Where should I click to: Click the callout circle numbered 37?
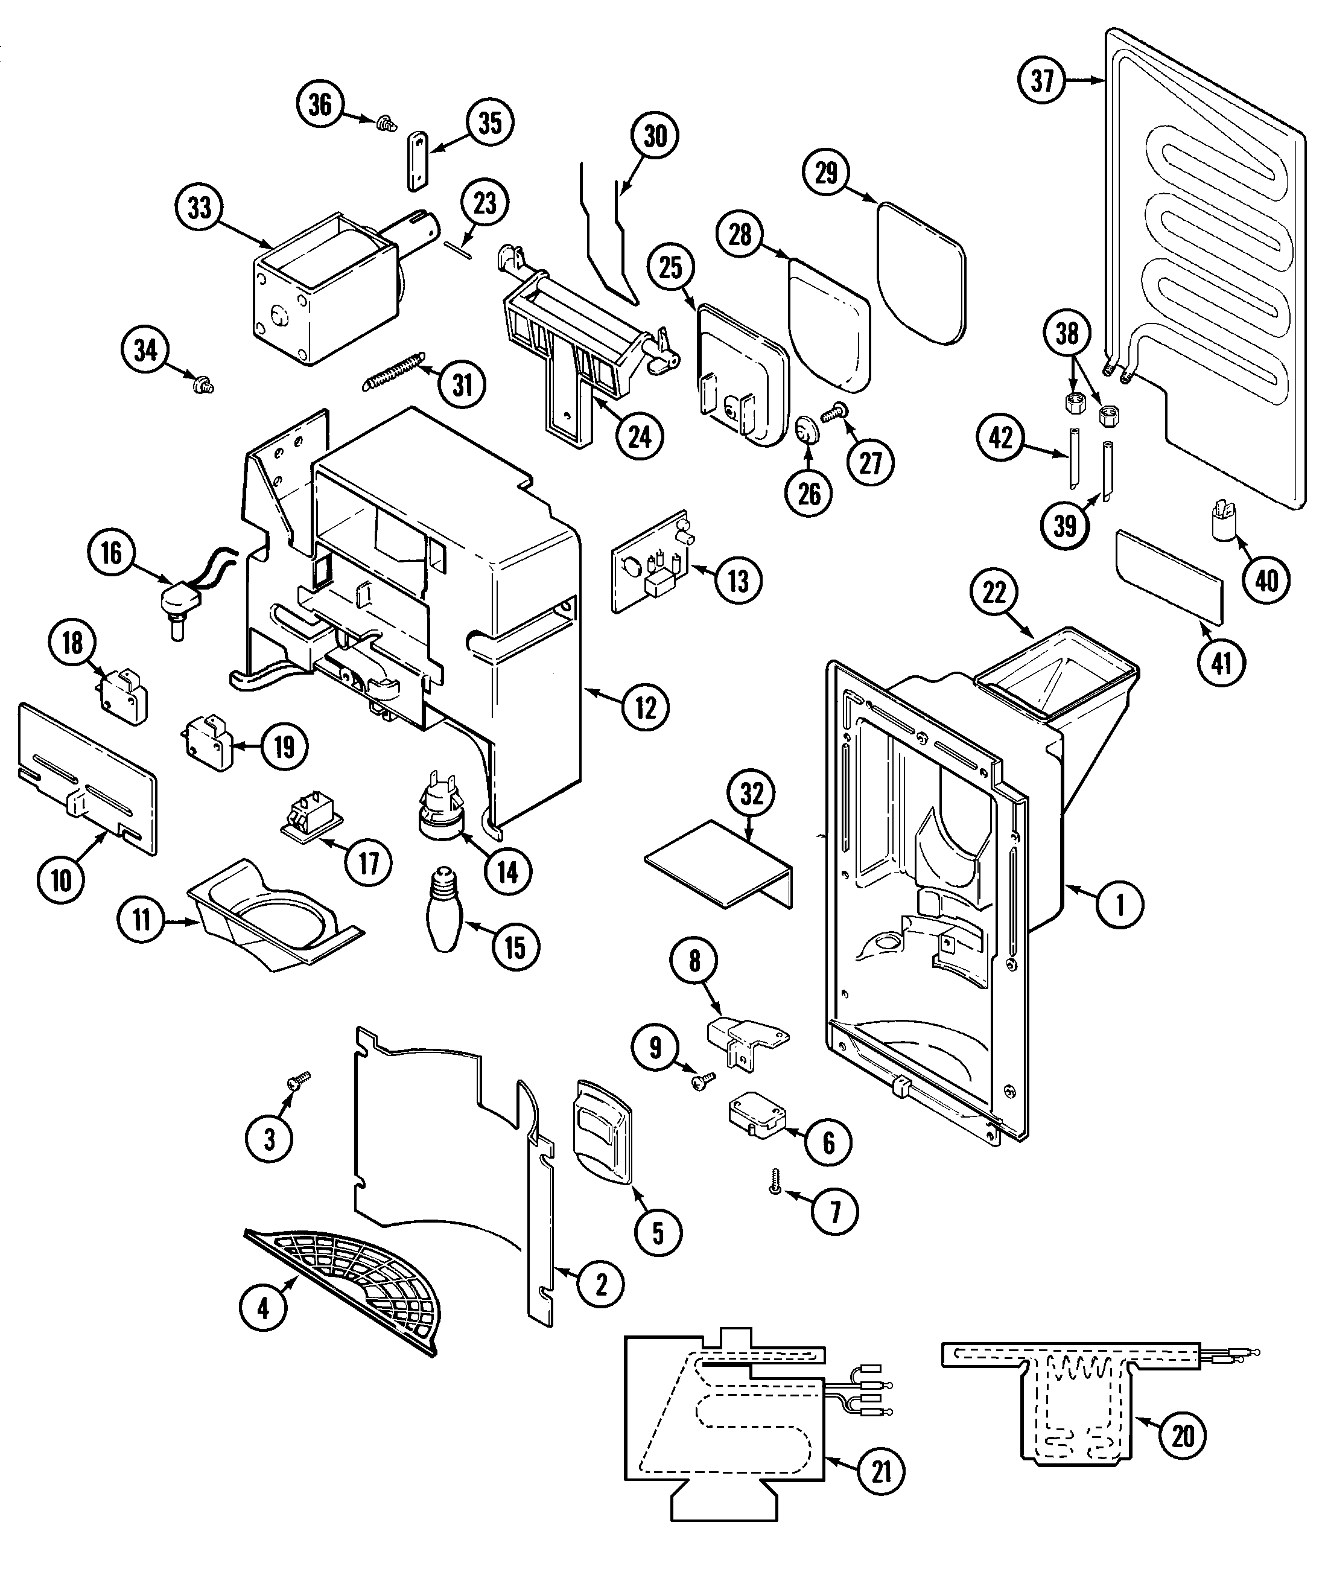click(1043, 80)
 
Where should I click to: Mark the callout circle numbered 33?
click(200, 208)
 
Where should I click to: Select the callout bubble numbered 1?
click(1119, 904)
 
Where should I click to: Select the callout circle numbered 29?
click(827, 173)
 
